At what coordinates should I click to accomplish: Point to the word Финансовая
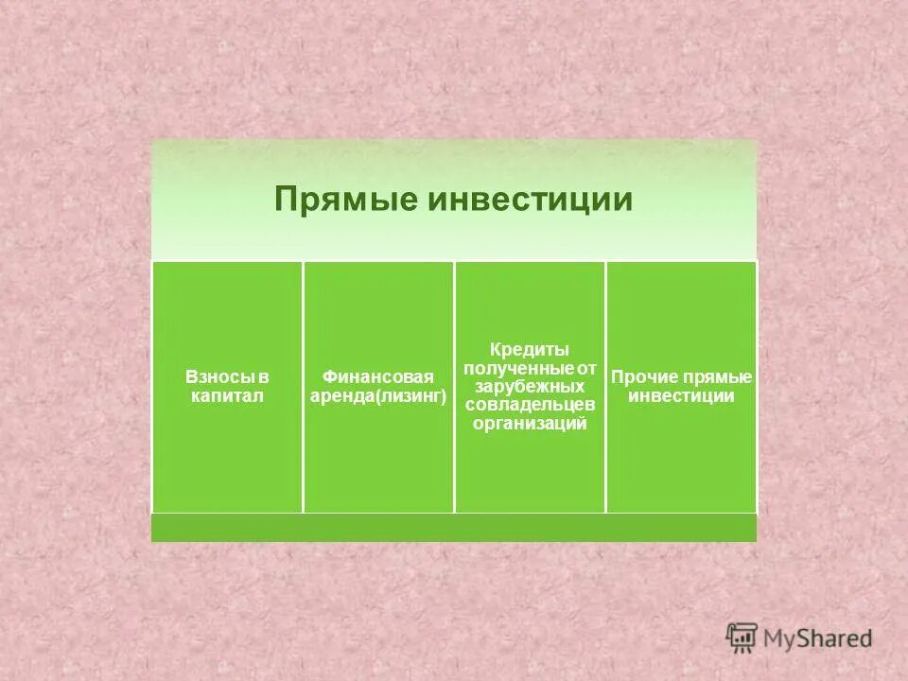click(377, 378)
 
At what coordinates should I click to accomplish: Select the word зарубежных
click(530, 386)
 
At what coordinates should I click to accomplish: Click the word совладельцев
click(530, 405)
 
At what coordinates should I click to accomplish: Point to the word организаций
click(530, 424)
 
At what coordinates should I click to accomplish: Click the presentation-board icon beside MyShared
click(742, 637)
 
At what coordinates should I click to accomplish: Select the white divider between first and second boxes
click(303, 388)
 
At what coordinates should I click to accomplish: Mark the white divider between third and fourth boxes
click(605, 388)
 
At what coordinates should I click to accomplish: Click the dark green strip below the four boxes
click(454, 528)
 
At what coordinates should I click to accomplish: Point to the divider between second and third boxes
click(454, 388)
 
